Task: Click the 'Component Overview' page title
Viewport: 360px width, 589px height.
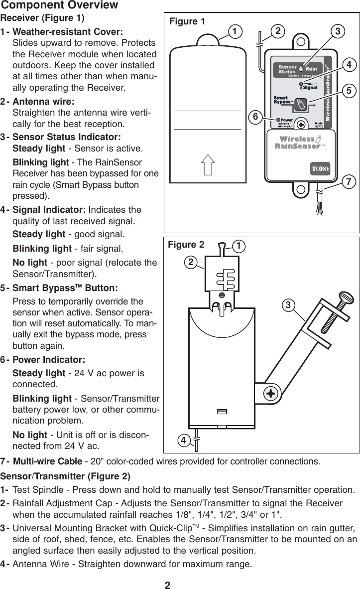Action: pyautogui.click(x=60, y=5)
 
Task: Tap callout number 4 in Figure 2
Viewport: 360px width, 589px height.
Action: pyautogui.click(x=184, y=440)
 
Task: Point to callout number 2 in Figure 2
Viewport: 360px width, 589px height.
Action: pyautogui.click(x=190, y=262)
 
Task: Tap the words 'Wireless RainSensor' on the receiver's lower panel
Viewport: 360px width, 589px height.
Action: pyautogui.click(x=297, y=143)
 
